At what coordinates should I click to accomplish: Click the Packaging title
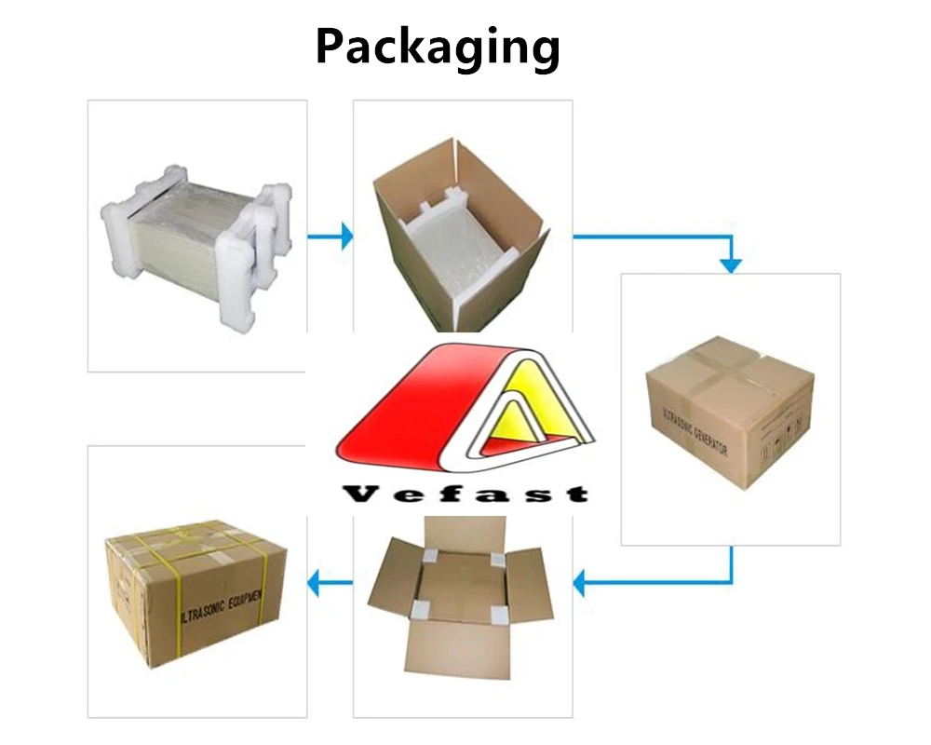point(438,47)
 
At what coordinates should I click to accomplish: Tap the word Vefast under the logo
point(465,493)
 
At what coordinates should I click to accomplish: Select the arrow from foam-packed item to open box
point(331,236)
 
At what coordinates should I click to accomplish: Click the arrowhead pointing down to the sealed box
point(732,264)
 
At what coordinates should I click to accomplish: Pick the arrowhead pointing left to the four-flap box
point(580,584)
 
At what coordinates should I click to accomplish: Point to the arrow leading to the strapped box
point(331,584)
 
